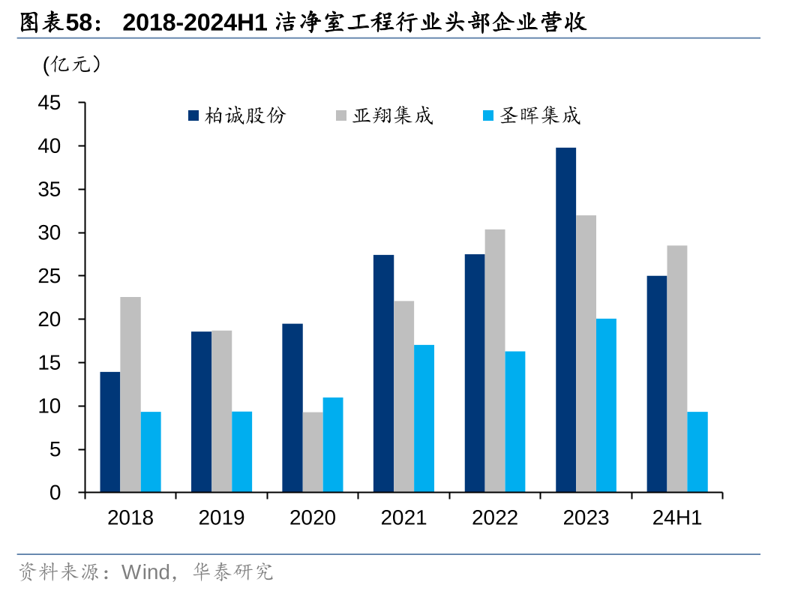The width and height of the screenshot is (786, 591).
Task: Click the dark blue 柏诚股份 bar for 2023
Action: tap(565, 320)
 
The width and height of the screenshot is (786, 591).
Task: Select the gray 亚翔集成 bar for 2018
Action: tap(130, 394)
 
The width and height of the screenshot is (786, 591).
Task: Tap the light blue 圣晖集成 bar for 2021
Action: tap(424, 418)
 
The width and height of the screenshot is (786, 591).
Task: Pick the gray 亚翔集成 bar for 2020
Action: tap(313, 452)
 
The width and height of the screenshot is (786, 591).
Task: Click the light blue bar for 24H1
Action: tap(697, 452)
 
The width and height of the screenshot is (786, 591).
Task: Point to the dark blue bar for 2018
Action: tap(110, 432)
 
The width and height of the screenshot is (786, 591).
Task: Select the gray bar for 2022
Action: tap(495, 361)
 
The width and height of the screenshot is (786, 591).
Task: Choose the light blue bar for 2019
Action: tap(241, 452)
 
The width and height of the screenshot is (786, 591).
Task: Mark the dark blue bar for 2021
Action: tap(383, 373)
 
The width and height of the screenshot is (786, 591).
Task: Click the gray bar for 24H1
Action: tap(677, 369)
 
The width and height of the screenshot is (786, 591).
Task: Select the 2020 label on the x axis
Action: tap(313, 517)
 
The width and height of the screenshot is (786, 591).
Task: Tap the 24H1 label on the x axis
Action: tap(676, 517)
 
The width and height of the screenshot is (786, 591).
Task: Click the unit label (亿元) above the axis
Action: tap(72, 65)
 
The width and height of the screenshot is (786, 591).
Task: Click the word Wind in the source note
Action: tap(145, 572)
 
